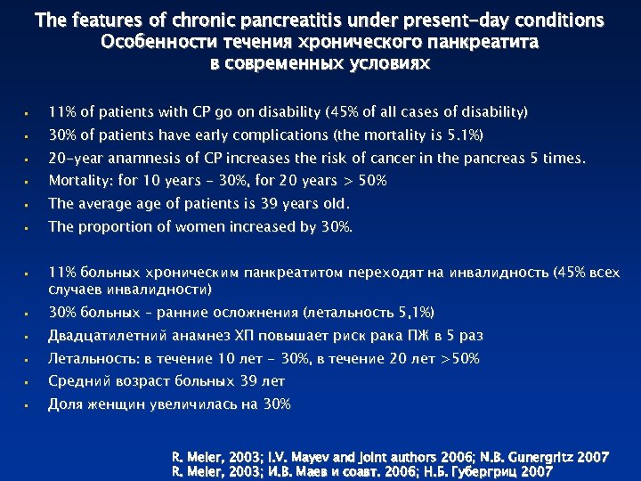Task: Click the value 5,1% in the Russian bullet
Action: [411, 313]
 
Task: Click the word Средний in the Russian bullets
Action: [78, 381]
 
